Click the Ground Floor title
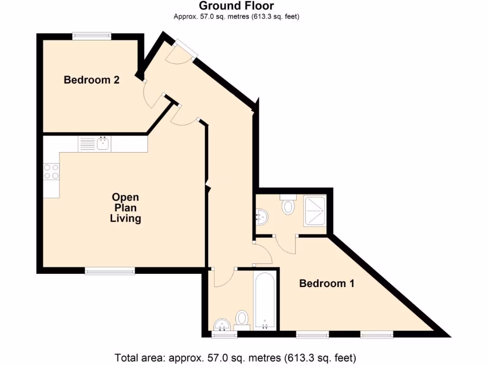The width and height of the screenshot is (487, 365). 236,6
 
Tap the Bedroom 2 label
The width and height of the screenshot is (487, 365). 91,80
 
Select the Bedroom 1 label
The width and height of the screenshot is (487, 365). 327,284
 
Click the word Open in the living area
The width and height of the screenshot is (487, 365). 126,197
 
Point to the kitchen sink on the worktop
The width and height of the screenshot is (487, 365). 103,144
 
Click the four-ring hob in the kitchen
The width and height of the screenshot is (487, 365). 51,172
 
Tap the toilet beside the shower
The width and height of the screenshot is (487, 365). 288,205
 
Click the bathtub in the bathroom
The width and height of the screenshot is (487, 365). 264,300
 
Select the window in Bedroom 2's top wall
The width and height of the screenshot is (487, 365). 92,36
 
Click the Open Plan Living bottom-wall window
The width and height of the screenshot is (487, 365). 110,270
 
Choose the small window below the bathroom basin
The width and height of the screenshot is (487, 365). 224,335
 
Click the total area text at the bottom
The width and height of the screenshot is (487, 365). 235,357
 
